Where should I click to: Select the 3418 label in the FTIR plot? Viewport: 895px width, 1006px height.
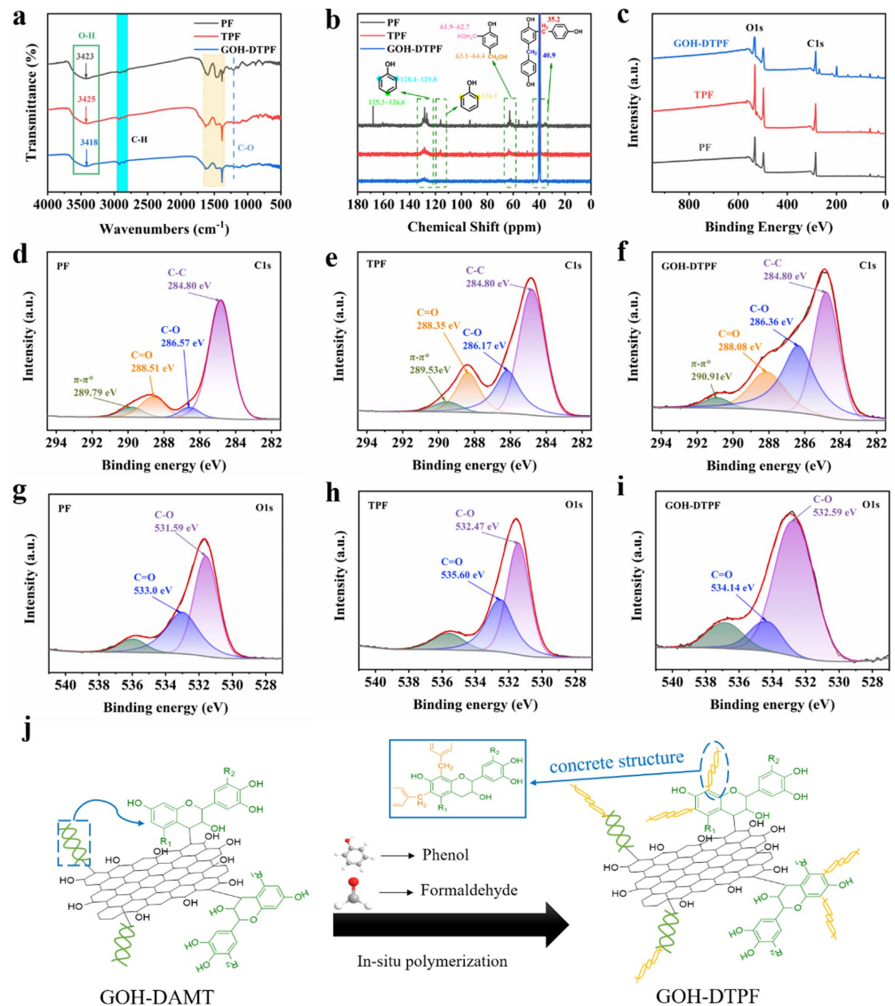pyautogui.click(x=85, y=141)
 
